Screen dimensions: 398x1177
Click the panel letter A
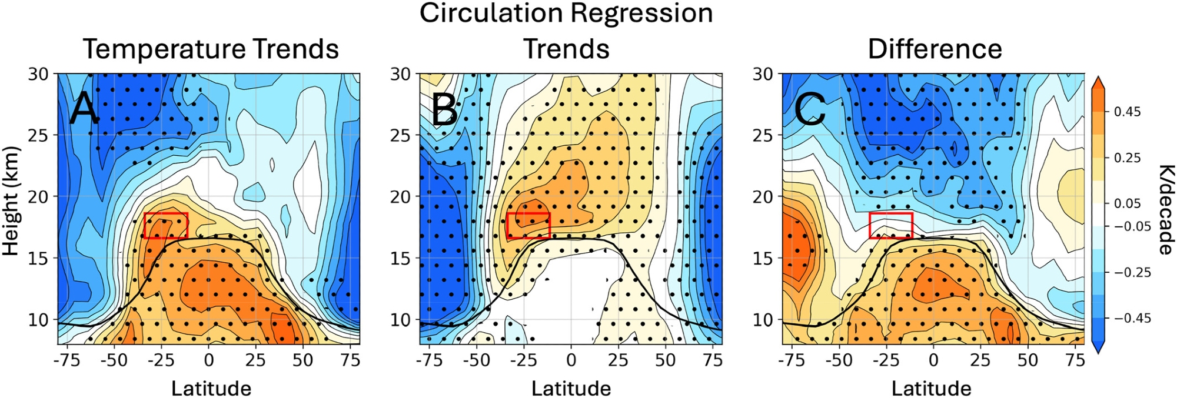tap(84, 110)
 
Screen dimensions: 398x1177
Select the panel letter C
tap(809, 110)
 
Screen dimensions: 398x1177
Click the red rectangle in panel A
tap(166, 226)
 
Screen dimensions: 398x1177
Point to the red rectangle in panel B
tap(528, 226)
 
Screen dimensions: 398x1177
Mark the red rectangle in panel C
tap(891, 226)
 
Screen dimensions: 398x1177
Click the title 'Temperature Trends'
tap(211, 49)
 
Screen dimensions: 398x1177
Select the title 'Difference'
tap(935, 49)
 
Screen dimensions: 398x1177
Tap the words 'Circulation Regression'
tap(566, 13)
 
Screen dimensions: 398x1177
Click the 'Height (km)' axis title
tap(11, 200)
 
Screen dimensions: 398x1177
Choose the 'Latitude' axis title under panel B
tap(571, 388)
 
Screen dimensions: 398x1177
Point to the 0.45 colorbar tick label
tap(1127, 112)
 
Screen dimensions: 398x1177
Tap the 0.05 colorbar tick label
tap(1127, 203)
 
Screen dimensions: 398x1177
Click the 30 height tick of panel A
tap(40, 74)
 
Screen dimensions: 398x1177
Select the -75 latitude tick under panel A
tap(67, 360)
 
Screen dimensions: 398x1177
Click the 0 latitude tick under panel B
tap(571, 360)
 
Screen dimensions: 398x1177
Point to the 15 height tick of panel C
tap(763, 258)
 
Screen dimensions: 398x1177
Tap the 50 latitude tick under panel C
tap(1028, 360)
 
